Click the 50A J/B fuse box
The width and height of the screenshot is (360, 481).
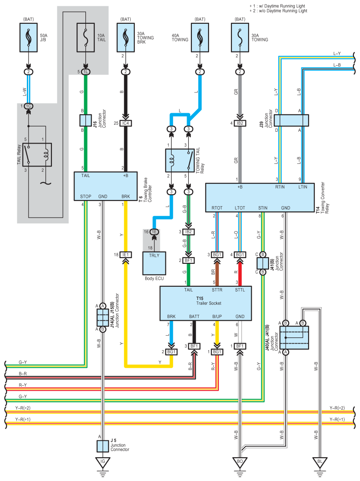(29, 38)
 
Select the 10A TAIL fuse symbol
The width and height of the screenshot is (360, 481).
(85, 38)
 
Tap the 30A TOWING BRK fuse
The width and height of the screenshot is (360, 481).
(125, 38)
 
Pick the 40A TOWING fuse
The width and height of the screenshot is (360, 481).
(200, 38)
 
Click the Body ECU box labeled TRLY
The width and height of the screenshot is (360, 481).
(154, 263)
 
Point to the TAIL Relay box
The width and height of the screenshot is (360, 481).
(37, 155)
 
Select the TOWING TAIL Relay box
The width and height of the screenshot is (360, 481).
(180, 160)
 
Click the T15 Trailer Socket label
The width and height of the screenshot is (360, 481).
(209, 300)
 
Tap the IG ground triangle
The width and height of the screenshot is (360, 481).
(103, 462)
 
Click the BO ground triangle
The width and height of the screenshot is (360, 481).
(240, 462)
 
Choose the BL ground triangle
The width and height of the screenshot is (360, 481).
(320, 462)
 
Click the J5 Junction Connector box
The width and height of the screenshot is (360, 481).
(103, 446)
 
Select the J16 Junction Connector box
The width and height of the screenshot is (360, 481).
(85, 121)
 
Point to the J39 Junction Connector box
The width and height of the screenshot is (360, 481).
(291, 120)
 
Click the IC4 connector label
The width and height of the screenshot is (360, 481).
(125, 123)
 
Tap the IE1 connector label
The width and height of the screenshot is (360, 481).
(125, 255)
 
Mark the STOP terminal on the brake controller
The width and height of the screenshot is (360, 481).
(86, 196)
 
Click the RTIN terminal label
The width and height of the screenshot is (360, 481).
(280, 187)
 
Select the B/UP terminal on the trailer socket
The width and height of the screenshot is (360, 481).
(217, 316)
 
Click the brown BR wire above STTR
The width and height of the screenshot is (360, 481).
(217, 272)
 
